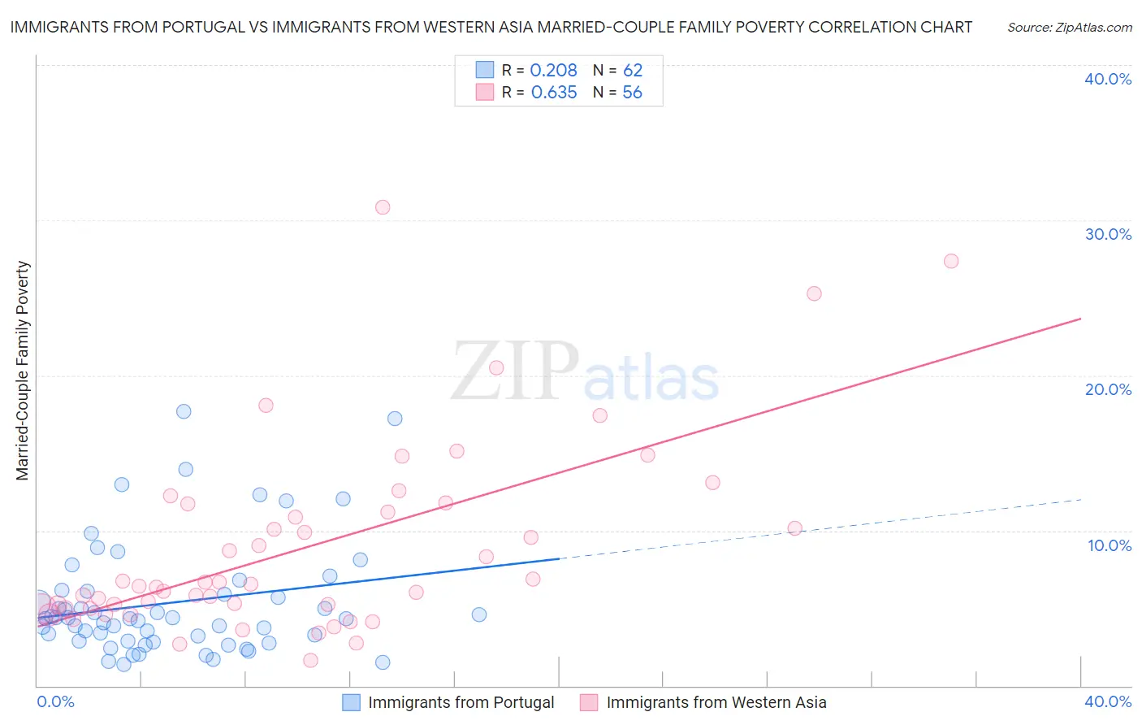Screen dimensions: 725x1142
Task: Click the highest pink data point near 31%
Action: (383, 207)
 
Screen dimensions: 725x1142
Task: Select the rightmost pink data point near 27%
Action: (951, 261)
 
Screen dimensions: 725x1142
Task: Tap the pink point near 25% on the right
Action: (814, 293)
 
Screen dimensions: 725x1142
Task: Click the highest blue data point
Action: (184, 411)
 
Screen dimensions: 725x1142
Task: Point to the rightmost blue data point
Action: (479, 614)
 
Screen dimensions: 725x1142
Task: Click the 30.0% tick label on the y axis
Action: (1108, 234)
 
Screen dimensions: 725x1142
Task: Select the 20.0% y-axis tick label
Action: (1108, 389)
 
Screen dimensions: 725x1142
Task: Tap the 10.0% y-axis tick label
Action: (1110, 545)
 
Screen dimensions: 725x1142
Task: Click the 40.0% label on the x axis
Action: (1108, 701)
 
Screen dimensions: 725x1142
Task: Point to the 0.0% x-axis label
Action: (55, 701)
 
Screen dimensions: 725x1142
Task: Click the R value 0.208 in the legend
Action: (553, 70)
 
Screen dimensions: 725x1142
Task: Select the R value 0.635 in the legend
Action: (554, 93)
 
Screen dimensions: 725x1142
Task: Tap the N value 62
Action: (633, 70)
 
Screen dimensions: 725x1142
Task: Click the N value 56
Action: (632, 93)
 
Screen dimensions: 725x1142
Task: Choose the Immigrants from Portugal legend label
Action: (461, 702)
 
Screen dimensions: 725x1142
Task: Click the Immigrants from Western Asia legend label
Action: (716, 702)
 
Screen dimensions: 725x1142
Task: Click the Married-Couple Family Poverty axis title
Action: (23, 371)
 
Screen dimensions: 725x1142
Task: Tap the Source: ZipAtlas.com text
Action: (1069, 28)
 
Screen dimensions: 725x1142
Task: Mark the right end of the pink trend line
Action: (1081, 319)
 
